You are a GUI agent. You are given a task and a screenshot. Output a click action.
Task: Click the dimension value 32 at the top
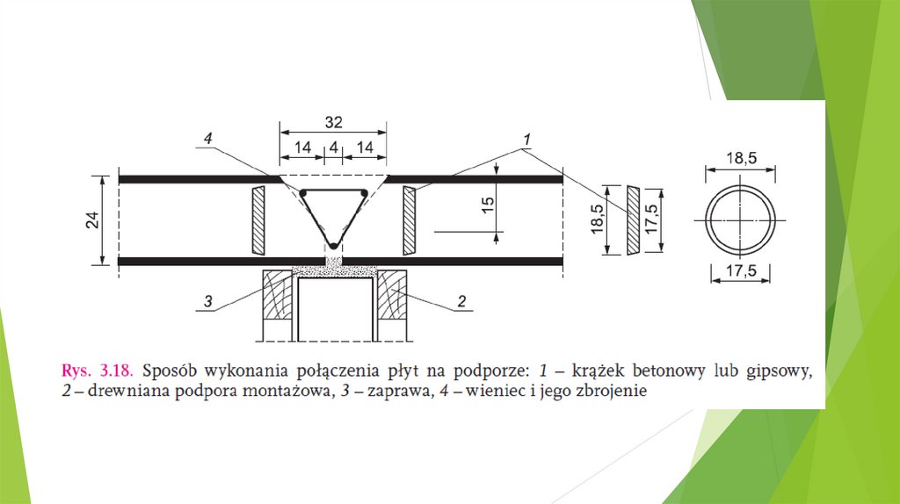tap(333, 122)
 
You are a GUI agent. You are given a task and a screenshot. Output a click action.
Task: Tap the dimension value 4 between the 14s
tap(333, 148)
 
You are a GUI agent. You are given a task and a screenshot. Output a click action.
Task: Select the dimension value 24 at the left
tap(92, 220)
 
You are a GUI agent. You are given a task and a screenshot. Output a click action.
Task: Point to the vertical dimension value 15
tap(487, 205)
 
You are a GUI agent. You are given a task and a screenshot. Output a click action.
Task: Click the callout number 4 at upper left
tap(207, 138)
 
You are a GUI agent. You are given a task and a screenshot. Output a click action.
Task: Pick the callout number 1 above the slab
tap(526, 140)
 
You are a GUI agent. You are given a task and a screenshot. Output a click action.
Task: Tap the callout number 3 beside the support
tap(207, 301)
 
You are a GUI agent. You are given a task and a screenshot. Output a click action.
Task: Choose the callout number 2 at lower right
tap(461, 301)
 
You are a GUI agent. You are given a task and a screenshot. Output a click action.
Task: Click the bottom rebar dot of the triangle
tap(333, 247)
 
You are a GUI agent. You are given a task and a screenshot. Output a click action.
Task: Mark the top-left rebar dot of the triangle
tap(303, 193)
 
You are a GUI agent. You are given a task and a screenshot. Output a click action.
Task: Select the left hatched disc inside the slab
tap(258, 220)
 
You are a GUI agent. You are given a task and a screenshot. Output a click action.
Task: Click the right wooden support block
tap(392, 295)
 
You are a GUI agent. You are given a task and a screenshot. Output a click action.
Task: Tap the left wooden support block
tap(278, 295)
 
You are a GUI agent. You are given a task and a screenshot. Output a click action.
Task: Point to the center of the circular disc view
tap(740, 220)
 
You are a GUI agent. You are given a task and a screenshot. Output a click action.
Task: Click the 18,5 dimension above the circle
tap(742, 158)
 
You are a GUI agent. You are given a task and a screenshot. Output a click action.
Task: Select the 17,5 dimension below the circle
tap(742, 270)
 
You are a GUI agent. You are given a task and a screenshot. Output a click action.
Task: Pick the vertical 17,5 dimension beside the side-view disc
tap(651, 219)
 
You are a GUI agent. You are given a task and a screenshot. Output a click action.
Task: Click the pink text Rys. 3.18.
tap(97, 371)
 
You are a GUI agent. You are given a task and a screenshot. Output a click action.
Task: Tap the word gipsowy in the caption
tap(780, 371)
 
